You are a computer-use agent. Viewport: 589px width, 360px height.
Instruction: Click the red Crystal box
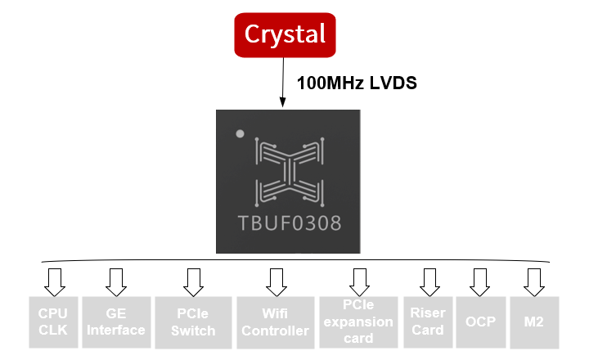(285, 35)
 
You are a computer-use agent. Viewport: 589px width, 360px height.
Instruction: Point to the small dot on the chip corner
(240, 133)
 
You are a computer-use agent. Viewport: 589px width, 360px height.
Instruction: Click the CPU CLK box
(53, 322)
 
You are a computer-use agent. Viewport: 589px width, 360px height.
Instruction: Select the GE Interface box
(115, 322)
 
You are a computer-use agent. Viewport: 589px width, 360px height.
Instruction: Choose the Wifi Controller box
(275, 322)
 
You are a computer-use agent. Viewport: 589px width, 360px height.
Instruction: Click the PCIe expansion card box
(358, 322)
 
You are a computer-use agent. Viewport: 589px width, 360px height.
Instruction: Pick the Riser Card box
(428, 322)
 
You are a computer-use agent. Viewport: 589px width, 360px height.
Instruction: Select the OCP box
(476, 322)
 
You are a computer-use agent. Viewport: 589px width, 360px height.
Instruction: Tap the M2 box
(533, 322)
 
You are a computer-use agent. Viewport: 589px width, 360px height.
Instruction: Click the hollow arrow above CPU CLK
(54, 281)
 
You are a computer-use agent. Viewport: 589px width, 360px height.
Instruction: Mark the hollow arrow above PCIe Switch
(193, 281)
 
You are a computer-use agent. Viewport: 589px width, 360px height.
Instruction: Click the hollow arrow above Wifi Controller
(275, 281)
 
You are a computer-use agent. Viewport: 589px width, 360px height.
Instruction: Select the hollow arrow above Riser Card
(429, 281)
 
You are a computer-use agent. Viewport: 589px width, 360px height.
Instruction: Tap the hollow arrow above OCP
(477, 281)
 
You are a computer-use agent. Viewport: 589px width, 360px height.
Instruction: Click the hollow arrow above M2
(534, 281)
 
